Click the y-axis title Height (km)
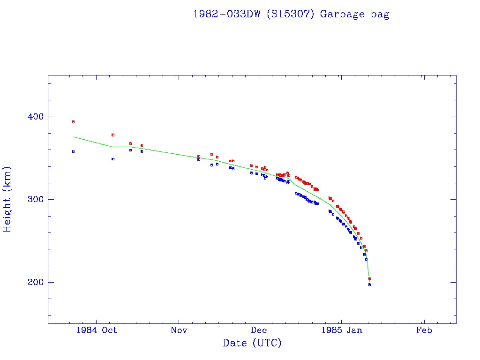pos(7,199)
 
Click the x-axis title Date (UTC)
pos(252,343)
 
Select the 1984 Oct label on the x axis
pos(96,330)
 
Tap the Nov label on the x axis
pos(179,330)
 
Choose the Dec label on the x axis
pos(259,330)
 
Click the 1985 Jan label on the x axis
pos(341,330)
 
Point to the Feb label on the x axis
pos(424,330)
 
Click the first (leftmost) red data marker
pos(73,122)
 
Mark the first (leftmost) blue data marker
pos(73,151)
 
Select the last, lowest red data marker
pos(369,278)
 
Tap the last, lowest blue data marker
pos(369,285)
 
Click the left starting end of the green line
pos(74,137)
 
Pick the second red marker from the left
pos(113,135)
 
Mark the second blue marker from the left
pos(113,159)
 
